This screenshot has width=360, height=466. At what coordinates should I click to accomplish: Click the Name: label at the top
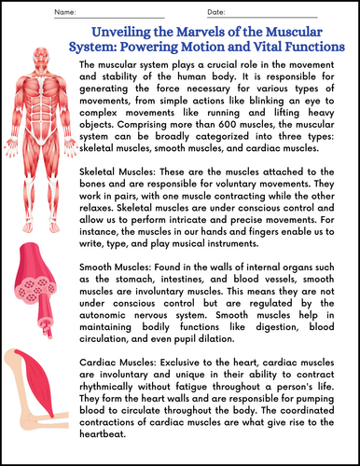pyautogui.click(x=62, y=11)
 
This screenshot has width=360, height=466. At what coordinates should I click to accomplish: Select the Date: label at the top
pyautogui.click(x=215, y=11)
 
